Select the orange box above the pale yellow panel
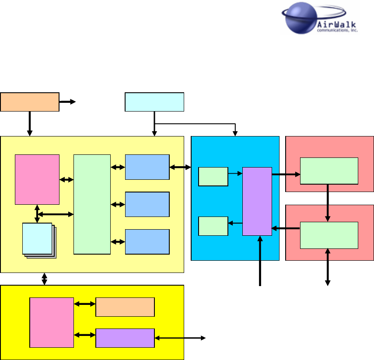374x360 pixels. [x=30, y=102]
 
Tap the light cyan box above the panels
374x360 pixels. [x=154, y=102]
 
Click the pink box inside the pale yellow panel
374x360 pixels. [x=37, y=179]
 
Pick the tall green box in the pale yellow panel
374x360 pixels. [x=92, y=204]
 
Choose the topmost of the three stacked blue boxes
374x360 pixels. [x=147, y=167]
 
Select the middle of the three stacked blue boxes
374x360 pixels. [x=147, y=204]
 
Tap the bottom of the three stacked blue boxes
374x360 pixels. [x=147, y=241]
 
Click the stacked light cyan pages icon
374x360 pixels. [x=38, y=239]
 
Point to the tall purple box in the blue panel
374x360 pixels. [x=257, y=201]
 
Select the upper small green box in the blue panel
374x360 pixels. [x=213, y=176]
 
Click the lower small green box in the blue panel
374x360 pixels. [x=213, y=226]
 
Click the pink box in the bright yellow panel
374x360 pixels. [x=52, y=322]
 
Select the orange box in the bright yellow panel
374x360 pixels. [x=125, y=307]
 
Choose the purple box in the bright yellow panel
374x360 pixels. [x=125, y=338]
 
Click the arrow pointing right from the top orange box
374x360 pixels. [x=68, y=102]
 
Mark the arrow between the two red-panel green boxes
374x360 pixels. [x=328, y=204]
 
